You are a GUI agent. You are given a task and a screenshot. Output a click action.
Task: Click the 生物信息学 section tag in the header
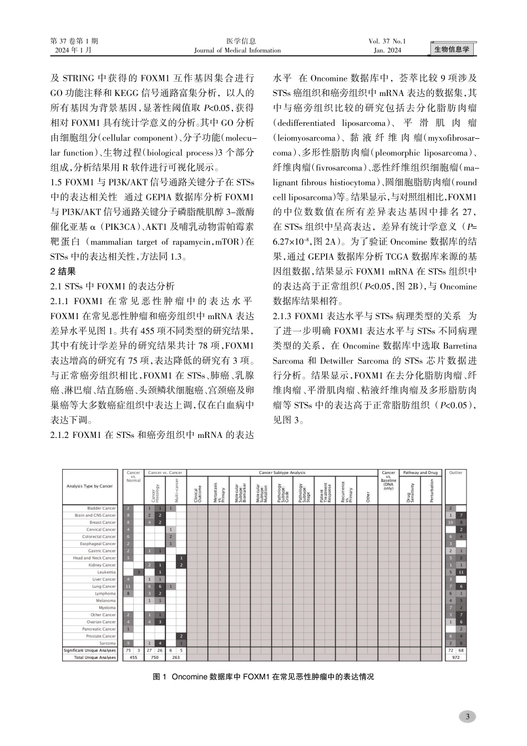pyautogui.click(x=451, y=49)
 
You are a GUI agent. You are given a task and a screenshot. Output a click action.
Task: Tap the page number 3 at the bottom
pyautogui.click(x=468, y=716)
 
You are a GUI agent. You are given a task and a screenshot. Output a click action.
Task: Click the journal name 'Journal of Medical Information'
pyautogui.click(x=237, y=51)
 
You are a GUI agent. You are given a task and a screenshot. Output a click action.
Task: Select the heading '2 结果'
pyautogui.click(x=63, y=271)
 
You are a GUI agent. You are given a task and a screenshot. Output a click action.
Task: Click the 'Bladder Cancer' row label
pyautogui.click(x=102, y=508)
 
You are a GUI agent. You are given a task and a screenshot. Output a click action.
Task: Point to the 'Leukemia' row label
pyautogui.click(x=107, y=572)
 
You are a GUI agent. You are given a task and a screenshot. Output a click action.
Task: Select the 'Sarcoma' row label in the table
pyautogui.click(x=108, y=643)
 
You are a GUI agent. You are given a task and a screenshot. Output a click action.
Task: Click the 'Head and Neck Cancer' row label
pyautogui.click(x=94, y=558)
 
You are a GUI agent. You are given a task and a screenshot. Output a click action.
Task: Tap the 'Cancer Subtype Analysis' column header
pyautogui.click(x=282, y=473)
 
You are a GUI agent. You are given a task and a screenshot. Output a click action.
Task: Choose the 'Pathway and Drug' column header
pyautogui.click(x=420, y=473)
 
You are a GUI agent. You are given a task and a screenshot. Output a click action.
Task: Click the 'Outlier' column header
pyautogui.click(x=455, y=473)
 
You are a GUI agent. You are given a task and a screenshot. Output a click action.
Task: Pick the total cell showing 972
pyautogui.click(x=455, y=657)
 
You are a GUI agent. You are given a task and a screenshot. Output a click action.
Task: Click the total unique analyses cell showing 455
pyautogui.click(x=133, y=657)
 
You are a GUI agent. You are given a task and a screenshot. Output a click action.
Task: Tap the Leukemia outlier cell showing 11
pyautogui.click(x=461, y=572)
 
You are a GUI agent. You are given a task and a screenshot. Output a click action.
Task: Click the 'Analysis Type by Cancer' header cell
pyautogui.click(x=89, y=486)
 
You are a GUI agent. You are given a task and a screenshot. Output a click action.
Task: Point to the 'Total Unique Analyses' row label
pyautogui.click(x=95, y=657)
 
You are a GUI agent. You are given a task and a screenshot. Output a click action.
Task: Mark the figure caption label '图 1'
pyautogui.click(x=160, y=677)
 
